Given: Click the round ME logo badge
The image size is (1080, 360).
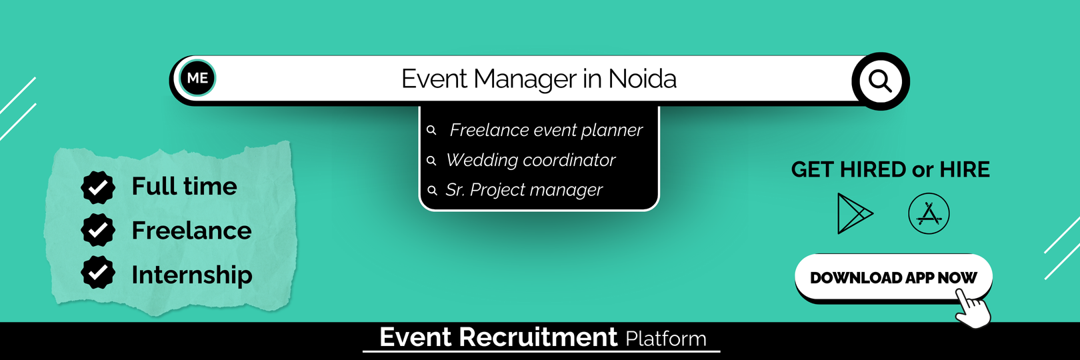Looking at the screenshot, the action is coord(197,78).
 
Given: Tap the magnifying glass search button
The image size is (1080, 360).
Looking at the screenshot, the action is coord(881,81).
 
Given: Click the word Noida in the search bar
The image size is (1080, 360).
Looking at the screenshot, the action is coord(642,79).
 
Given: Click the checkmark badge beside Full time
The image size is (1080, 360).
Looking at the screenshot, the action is coord(98,187).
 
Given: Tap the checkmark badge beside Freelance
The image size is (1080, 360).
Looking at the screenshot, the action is coord(98,230).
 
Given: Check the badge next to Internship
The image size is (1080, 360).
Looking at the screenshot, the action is coord(98,272).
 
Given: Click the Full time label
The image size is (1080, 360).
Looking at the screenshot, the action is coord(184,186).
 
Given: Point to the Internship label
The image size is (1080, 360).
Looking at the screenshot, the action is coord(192,275).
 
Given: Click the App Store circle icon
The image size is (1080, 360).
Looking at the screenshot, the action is coord(929,213).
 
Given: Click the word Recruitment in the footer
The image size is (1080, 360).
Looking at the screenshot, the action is coord(538,337).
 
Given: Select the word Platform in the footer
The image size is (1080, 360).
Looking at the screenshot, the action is coord(666,338).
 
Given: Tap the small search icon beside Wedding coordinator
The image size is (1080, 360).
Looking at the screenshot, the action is coord(431,161).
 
